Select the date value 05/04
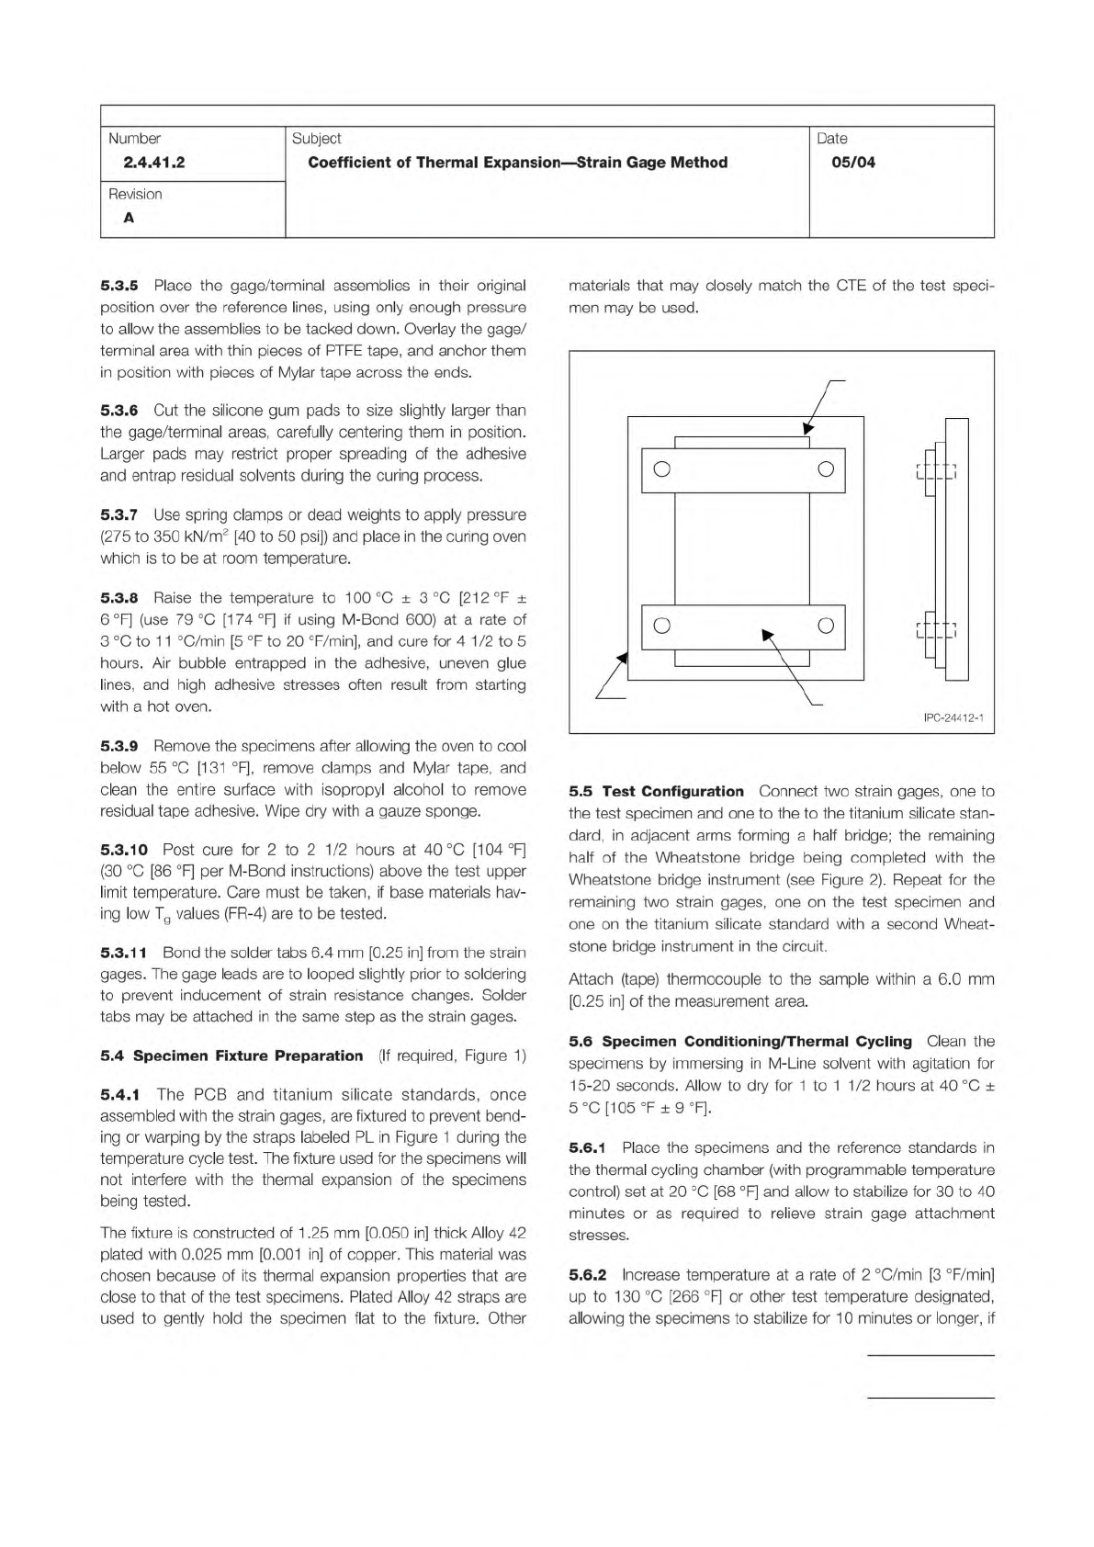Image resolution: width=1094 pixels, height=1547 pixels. pos(853,164)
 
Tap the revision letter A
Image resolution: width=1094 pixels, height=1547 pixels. pos(129,219)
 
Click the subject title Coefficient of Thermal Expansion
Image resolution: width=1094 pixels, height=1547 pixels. pos(517,164)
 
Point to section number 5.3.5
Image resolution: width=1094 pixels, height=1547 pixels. pos(119,286)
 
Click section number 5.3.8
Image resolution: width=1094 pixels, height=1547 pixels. pos(119,598)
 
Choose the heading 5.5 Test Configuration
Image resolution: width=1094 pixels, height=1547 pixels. pos(656,792)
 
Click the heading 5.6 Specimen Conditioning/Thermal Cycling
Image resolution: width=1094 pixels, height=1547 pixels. pos(740,1042)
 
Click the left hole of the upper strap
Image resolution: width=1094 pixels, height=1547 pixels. pos(660,469)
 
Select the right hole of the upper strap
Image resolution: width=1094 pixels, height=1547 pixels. pos(825,469)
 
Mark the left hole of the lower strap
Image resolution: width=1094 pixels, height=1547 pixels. pos(660,627)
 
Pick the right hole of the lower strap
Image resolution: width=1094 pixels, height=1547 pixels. pos(825,627)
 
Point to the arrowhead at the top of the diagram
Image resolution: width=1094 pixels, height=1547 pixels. pos(808,428)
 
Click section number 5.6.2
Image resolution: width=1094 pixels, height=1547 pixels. pos(588,1275)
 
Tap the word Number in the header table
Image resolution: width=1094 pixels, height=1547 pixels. pos(134,139)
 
